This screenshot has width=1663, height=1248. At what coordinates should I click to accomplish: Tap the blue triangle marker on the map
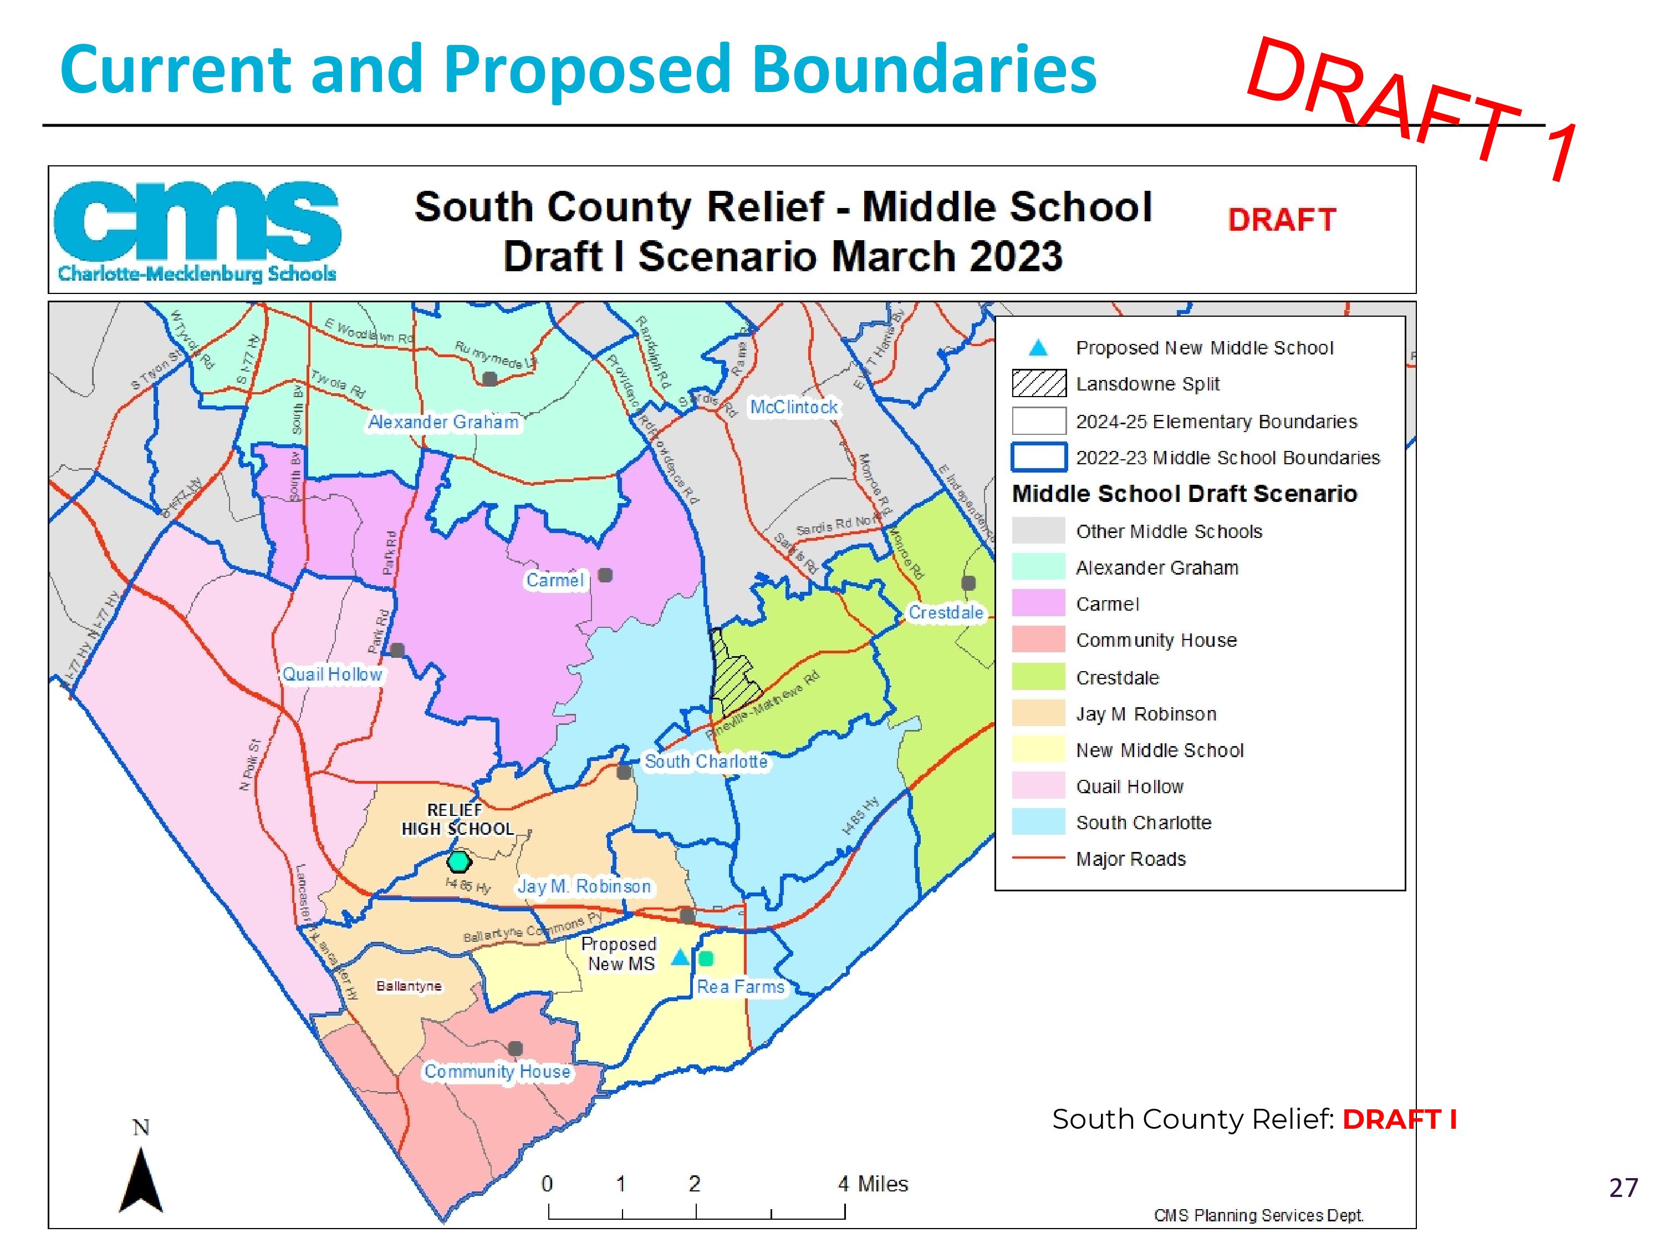pyautogui.click(x=680, y=957)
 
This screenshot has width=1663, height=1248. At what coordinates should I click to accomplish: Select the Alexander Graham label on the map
pyautogui.click(x=443, y=422)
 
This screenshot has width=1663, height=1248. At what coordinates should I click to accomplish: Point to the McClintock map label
pyautogui.click(x=793, y=407)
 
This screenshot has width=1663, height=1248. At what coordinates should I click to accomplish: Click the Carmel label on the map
pyautogui.click(x=554, y=580)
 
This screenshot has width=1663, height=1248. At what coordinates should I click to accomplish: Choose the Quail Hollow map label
pyautogui.click(x=331, y=674)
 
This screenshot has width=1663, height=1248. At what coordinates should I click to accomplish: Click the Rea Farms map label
pyautogui.click(x=740, y=987)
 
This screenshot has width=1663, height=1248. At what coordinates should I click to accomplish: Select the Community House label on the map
pyautogui.click(x=497, y=1071)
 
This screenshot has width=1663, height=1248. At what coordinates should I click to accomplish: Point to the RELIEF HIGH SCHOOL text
pyautogui.click(x=457, y=819)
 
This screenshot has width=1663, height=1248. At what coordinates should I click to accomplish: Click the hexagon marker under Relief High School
pyautogui.click(x=458, y=861)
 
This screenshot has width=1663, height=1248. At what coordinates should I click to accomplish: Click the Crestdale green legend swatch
pyautogui.click(x=1038, y=677)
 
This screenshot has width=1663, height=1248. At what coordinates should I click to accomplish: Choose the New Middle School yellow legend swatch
pyautogui.click(x=1038, y=750)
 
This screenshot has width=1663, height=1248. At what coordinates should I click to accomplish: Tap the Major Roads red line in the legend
pyautogui.click(x=1038, y=858)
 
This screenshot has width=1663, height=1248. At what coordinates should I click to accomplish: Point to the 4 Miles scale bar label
pyautogui.click(x=873, y=1184)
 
